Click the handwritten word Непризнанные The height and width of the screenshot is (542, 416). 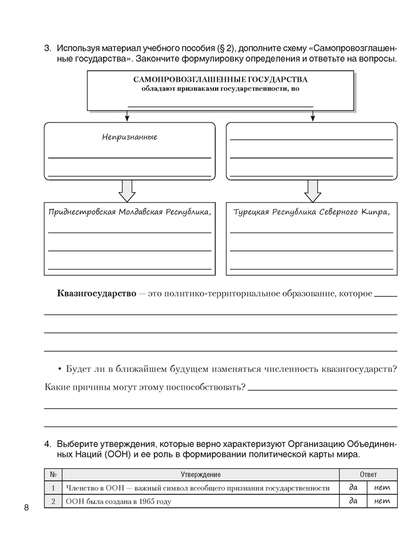129,137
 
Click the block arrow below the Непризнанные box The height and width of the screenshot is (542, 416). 127,190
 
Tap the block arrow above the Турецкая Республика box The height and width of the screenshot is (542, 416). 313,190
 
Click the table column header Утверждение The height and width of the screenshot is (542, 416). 200,474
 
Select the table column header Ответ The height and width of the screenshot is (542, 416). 368,474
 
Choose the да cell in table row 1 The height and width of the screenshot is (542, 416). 354,488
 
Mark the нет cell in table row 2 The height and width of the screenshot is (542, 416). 382,501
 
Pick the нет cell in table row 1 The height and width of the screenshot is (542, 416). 382,488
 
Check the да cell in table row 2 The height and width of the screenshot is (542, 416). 354,501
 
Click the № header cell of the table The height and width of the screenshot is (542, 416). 54,474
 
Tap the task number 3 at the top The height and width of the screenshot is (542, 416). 47,48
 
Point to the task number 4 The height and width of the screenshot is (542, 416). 47,444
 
